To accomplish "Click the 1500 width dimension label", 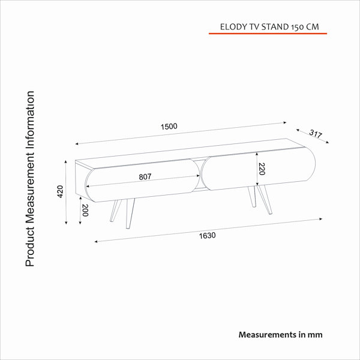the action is tap(169, 127).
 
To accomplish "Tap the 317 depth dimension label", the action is tap(316, 134).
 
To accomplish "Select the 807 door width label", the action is tap(145, 177).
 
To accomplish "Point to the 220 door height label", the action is tap(262, 169).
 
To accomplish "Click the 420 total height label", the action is tap(60, 191).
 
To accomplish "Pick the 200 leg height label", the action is tap(85, 210).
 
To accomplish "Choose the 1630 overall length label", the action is tap(207, 236).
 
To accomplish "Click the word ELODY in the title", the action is tap(233, 27).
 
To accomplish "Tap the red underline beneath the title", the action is tap(268, 34).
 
